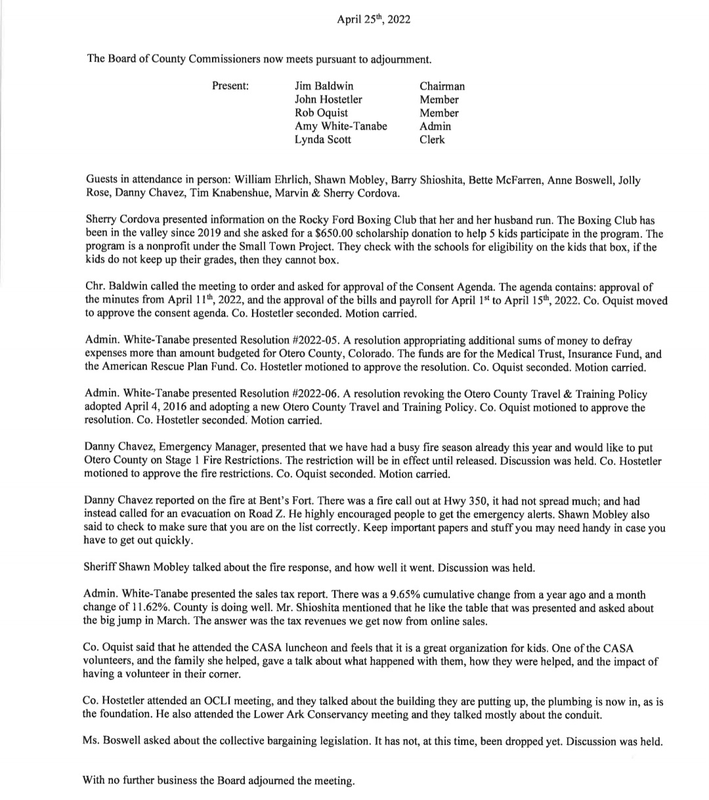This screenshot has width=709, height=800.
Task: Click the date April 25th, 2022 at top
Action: (x=374, y=20)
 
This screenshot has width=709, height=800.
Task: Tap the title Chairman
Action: (x=442, y=86)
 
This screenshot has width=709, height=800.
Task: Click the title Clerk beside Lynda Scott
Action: (x=432, y=139)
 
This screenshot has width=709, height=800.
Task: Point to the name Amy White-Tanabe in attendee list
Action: (x=341, y=126)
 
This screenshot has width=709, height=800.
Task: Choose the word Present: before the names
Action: (x=230, y=86)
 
